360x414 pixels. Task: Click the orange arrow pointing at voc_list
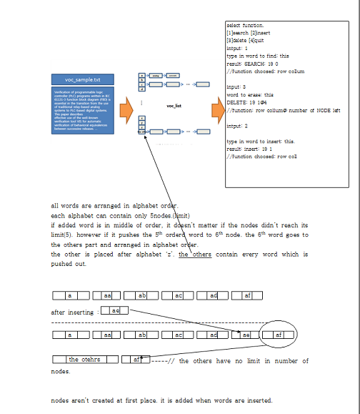[126, 110]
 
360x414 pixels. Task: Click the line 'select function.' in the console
[244, 25]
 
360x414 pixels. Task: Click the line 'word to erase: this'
[250, 94]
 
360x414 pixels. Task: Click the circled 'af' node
[279, 334]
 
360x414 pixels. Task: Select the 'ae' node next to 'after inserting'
[115, 310]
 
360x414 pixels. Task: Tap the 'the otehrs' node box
[84, 359]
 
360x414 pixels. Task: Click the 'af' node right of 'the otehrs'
[136, 359]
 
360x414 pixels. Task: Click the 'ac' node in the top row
[179, 295]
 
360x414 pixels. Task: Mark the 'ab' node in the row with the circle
[142, 334]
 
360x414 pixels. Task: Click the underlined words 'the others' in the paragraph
[195, 255]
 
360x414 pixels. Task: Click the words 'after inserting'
[72, 312]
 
